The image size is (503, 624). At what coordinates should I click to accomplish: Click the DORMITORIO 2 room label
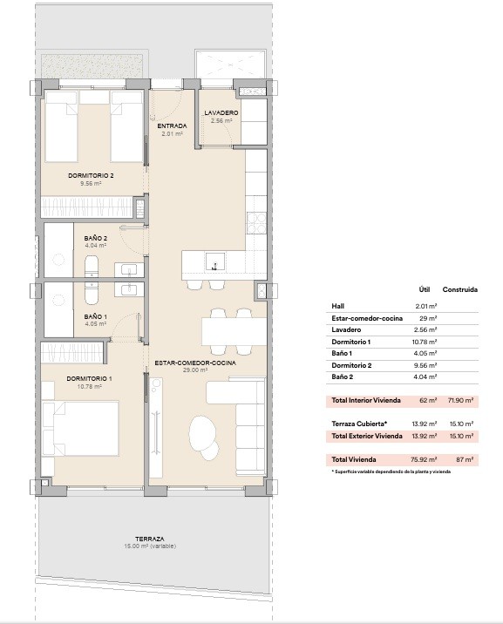pyautogui.click(x=92, y=175)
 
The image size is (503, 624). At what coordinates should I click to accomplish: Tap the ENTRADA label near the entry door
pyautogui.click(x=172, y=126)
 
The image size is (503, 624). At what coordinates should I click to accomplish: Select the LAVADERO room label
pyautogui.click(x=221, y=113)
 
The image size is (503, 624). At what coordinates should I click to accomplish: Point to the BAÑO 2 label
pyautogui.click(x=96, y=239)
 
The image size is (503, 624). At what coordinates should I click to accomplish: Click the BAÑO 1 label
pyautogui.click(x=96, y=316)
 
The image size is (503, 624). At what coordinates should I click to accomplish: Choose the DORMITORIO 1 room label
pyautogui.click(x=89, y=379)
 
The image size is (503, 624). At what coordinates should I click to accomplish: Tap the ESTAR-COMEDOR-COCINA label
pyautogui.click(x=195, y=363)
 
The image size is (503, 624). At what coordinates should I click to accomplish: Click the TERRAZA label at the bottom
pyautogui.click(x=149, y=539)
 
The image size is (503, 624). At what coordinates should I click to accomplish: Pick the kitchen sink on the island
pyautogui.click(x=215, y=261)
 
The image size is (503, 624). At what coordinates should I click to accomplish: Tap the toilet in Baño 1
pyautogui.click(x=92, y=293)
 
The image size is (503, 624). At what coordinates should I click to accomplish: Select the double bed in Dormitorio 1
pyautogui.click(x=80, y=429)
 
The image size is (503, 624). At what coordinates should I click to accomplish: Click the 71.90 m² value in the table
pyautogui.click(x=461, y=400)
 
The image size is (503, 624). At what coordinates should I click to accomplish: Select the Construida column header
pyautogui.click(x=460, y=289)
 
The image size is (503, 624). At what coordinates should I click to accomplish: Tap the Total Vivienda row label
pyautogui.click(x=354, y=459)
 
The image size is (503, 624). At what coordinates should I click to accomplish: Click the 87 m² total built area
pyautogui.click(x=465, y=459)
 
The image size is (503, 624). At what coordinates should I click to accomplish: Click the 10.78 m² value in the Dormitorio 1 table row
pyautogui.click(x=425, y=342)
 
